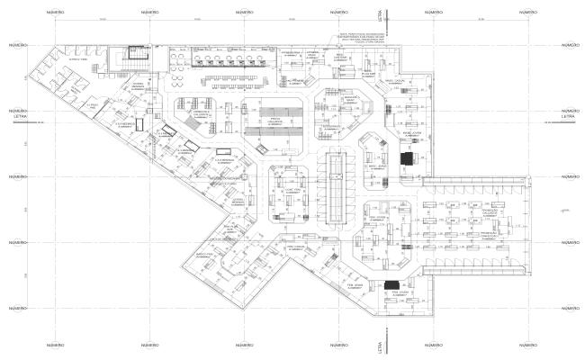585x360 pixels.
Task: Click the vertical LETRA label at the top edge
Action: tap(382, 16)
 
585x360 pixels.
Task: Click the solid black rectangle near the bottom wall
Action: tap(392, 285)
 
